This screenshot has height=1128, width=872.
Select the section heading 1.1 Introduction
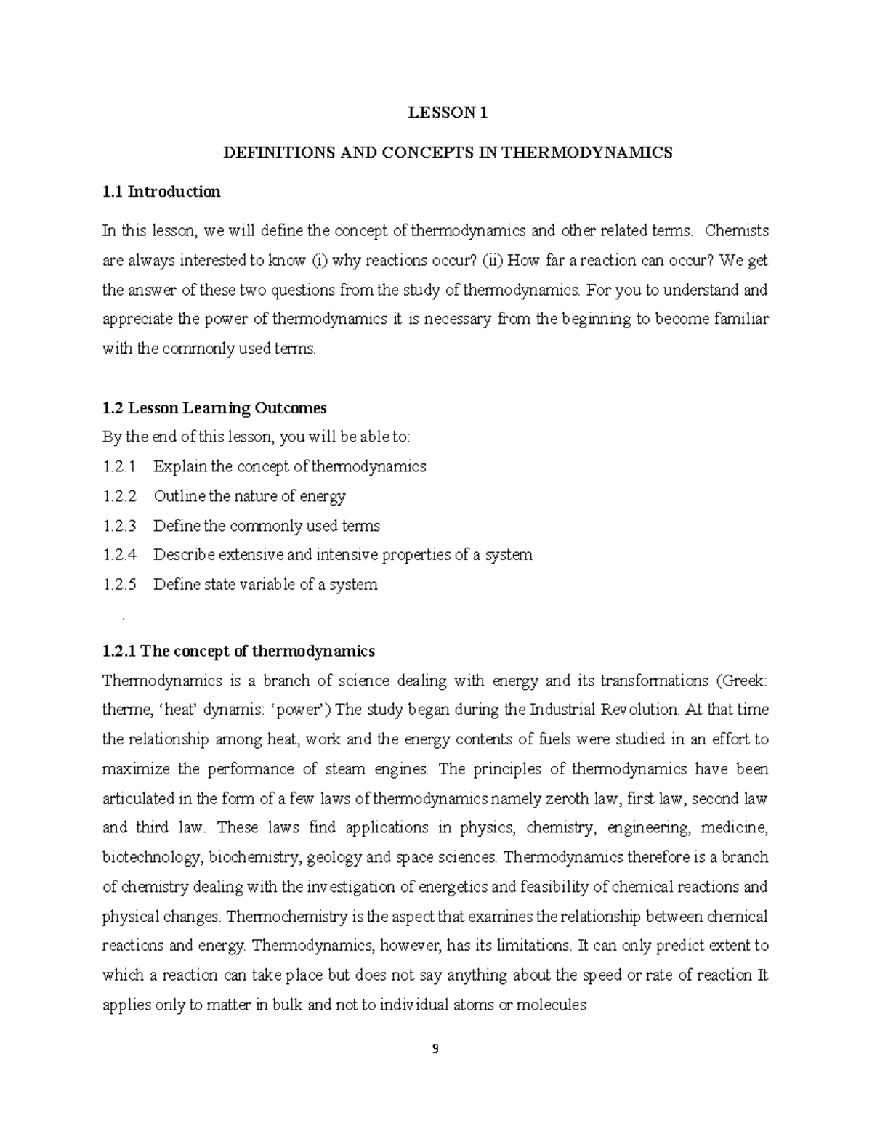click(161, 192)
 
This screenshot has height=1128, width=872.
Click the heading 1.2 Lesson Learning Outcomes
click(214, 407)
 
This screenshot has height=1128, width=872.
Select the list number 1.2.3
click(120, 526)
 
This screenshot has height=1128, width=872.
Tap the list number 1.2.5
click(120, 585)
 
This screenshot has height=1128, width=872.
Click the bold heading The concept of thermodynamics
click(257, 651)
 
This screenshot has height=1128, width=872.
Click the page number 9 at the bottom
click(435, 1049)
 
